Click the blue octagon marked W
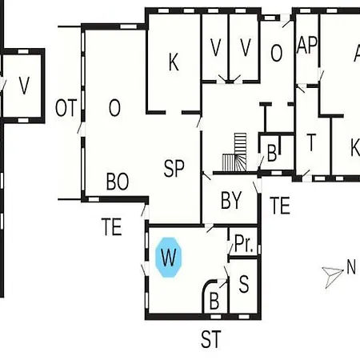click(169, 258)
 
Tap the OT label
click(66, 108)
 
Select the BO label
click(118, 182)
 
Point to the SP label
click(174, 168)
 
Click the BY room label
click(231, 200)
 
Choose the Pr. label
click(244, 244)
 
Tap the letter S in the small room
click(244, 284)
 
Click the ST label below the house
click(211, 339)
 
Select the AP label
click(307, 45)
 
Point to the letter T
click(311, 142)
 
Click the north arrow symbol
click(332, 276)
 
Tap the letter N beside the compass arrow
click(351, 266)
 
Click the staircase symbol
click(234, 152)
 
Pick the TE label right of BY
click(280, 205)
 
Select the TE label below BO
click(112, 226)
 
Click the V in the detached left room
click(24, 86)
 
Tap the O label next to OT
click(114, 108)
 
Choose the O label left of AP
click(277, 53)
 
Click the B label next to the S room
click(214, 301)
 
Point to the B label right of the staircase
click(272, 154)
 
